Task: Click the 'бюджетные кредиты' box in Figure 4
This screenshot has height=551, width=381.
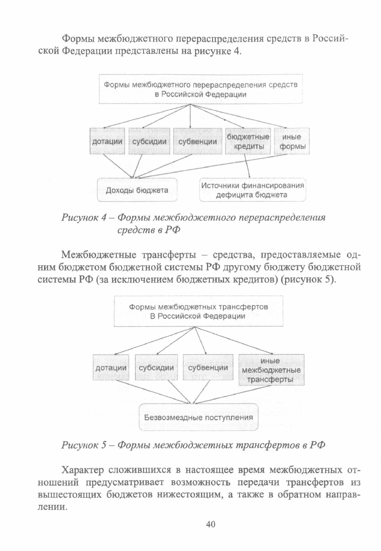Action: click(x=248, y=141)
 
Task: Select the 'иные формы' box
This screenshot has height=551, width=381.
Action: click(x=291, y=141)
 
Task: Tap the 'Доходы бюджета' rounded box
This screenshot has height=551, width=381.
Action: click(x=137, y=190)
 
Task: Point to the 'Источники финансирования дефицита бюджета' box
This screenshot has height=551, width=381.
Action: click(x=252, y=190)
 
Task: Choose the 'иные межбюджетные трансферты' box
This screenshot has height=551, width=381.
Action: click(x=271, y=370)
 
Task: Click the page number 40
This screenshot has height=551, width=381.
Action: click(x=210, y=524)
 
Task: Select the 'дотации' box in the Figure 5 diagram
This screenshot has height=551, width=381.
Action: click(x=111, y=368)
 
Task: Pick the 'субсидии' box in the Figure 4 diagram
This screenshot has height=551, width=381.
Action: click(x=149, y=141)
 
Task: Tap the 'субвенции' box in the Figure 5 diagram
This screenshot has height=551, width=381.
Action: click(x=208, y=368)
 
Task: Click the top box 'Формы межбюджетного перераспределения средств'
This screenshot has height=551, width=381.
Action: click(x=201, y=89)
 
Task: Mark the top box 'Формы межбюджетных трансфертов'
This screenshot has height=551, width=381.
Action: click(x=198, y=311)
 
